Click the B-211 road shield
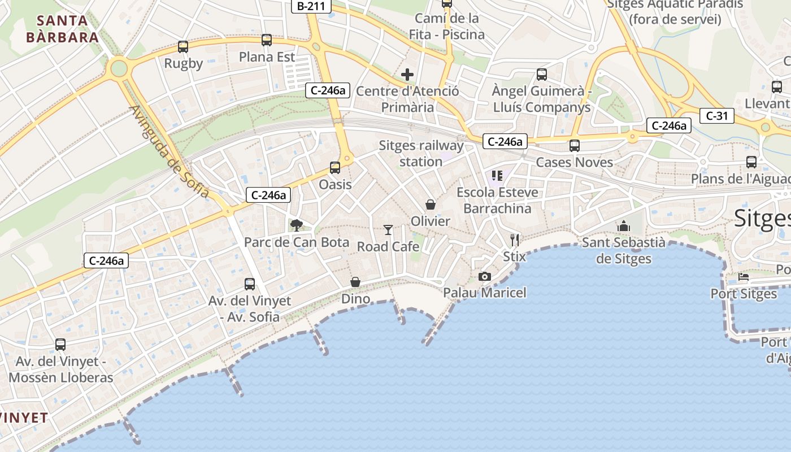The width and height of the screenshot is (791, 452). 311,6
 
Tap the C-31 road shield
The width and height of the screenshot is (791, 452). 716,116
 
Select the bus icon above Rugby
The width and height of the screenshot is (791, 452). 183,47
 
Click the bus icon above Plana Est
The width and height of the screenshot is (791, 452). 267,40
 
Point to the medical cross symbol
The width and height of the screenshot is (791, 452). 407,75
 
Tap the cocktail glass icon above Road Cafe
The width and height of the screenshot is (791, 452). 388,229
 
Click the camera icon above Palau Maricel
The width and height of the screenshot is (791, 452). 484,276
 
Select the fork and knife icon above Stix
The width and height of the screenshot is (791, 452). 514,240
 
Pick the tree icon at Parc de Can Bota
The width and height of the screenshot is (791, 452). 296,225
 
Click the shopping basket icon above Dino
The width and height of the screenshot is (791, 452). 355,281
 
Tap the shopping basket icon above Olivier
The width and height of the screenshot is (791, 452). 431,204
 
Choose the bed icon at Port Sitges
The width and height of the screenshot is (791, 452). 744,277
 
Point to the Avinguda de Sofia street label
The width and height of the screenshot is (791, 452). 169,153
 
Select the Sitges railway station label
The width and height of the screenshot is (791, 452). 421,154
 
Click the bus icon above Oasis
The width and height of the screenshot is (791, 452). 335,168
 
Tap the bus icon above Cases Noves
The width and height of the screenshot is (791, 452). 575,146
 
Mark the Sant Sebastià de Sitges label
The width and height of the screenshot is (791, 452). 624,251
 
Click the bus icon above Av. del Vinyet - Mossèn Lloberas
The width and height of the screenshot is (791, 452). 60,344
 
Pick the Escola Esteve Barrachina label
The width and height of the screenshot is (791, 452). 497,201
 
